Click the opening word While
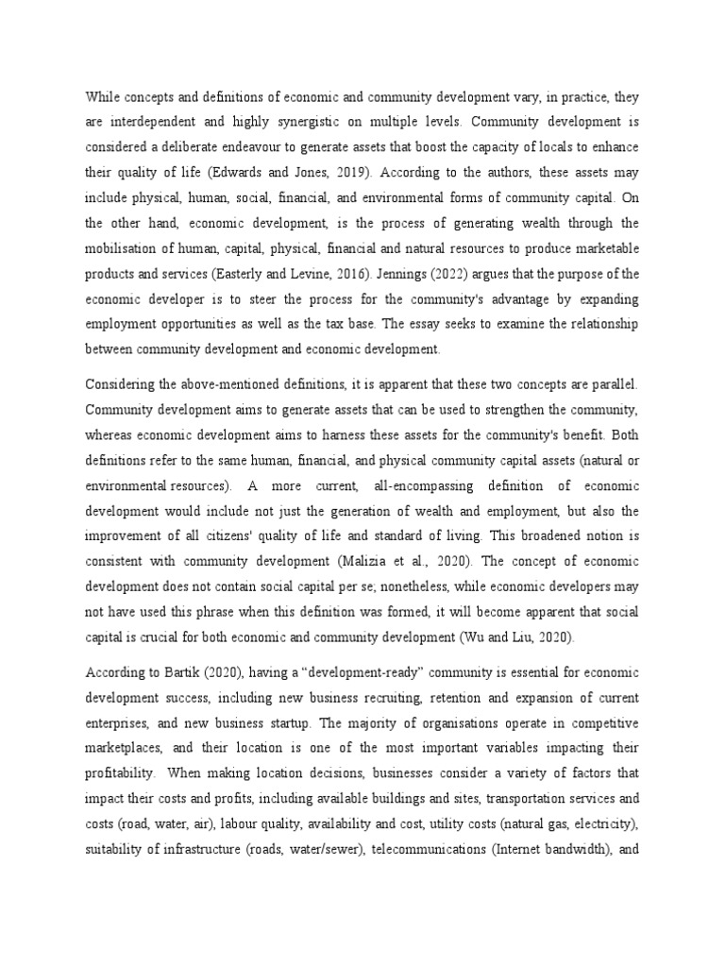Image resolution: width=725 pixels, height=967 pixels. (103, 95)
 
